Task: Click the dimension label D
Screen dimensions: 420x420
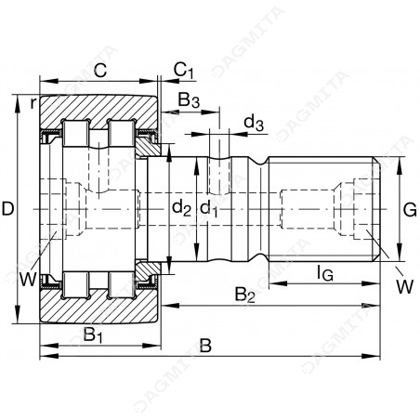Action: point(7,208)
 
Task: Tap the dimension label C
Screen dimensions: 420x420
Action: point(100,71)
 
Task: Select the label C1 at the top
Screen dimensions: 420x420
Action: point(184,70)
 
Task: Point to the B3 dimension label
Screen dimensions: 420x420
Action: point(189,99)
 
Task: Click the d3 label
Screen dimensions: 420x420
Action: point(254,123)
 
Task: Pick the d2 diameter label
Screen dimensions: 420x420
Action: point(182,207)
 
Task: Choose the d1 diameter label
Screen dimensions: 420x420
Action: point(209,207)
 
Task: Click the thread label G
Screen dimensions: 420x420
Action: point(410,211)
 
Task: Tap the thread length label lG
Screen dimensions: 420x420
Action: point(325,273)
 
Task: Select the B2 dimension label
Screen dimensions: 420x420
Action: point(244,295)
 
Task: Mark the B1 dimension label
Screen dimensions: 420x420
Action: point(93,335)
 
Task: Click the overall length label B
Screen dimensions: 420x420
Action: point(205,346)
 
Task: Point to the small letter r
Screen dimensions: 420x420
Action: point(33,103)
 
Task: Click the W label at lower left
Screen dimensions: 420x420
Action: point(28,279)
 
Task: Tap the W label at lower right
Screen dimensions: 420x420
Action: point(404,286)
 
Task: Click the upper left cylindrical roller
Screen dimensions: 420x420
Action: point(76,133)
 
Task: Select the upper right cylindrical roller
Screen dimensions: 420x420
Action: point(122,133)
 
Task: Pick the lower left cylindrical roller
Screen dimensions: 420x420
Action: point(76,285)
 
